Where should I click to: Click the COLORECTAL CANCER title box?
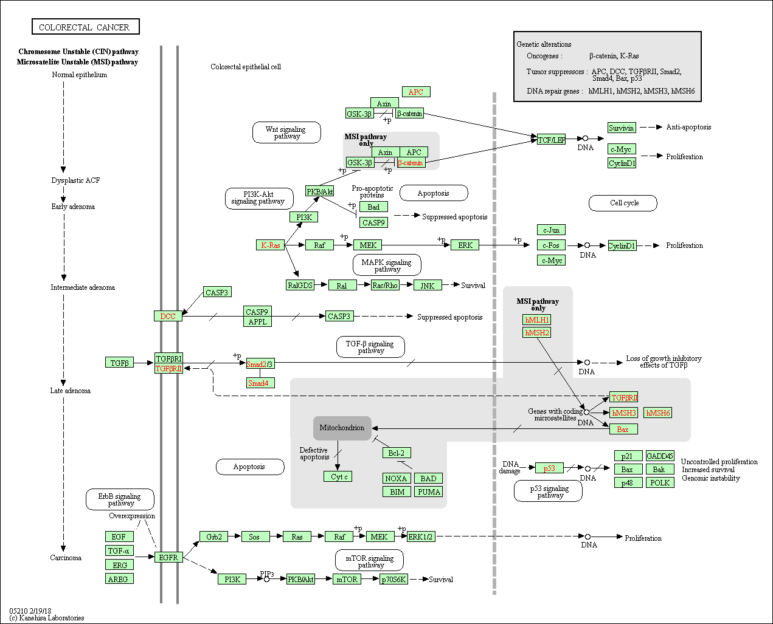pos(86,27)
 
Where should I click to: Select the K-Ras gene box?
pos(271,245)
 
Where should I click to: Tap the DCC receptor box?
pos(168,316)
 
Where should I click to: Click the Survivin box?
pos(622,128)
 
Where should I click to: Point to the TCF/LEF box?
pos(551,139)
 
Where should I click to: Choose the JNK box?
pos(428,286)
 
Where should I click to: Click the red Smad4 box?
pos(260,383)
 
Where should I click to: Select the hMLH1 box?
pos(537,320)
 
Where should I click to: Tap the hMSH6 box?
pos(657,413)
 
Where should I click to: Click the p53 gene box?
pos(549,468)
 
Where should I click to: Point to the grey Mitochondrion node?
pos(342,428)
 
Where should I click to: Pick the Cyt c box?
pos(338,476)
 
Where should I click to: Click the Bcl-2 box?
pos(397,453)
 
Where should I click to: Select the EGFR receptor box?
pos(168,557)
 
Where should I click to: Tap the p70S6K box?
pos(393,580)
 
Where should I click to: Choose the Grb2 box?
pos(213,537)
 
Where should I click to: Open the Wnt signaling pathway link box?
pos(286,132)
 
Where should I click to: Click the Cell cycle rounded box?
pos(623,203)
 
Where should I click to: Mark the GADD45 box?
pos(660,456)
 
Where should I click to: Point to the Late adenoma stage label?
pos(71,391)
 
